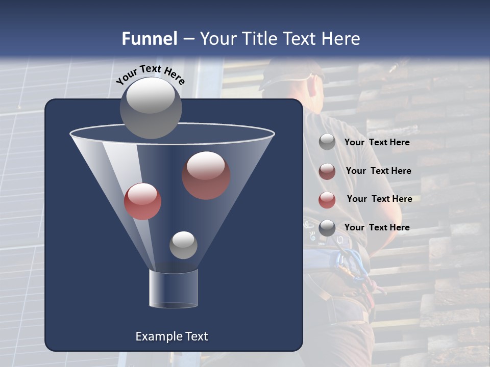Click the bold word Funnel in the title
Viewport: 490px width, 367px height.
click(x=149, y=39)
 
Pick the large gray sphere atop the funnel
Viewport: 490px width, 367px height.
click(x=151, y=108)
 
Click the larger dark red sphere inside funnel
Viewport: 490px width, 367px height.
click(x=206, y=175)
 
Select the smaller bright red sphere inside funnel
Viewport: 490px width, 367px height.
click(x=142, y=201)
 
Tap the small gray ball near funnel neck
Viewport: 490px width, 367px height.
click(x=183, y=245)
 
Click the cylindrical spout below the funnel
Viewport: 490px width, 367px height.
click(x=173, y=289)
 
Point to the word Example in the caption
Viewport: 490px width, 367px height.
click(x=158, y=336)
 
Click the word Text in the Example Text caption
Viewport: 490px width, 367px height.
click(x=196, y=336)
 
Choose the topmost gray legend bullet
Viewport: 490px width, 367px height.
click(x=327, y=142)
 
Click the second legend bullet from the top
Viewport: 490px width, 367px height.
click(x=327, y=171)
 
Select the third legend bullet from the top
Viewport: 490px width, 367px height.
click(x=327, y=200)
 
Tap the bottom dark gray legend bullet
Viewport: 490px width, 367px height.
click(x=327, y=228)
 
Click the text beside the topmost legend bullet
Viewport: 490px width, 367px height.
click(x=377, y=142)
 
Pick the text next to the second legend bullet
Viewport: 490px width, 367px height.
click(x=378, y=171)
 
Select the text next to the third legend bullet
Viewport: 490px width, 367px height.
click(x=379, y=199)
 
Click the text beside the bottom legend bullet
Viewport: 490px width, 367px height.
click(x=377, y=227)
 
